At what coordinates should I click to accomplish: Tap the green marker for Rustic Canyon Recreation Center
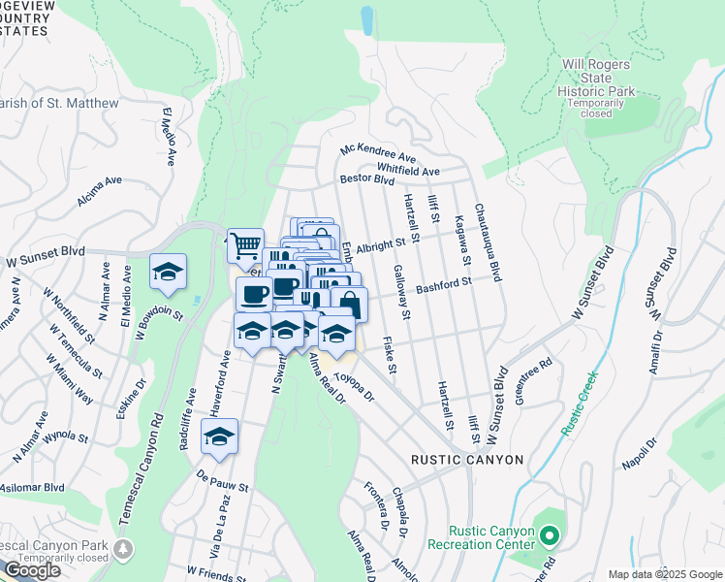[x=550, y=535]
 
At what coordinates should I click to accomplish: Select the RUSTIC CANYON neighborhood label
[x=467, y=460]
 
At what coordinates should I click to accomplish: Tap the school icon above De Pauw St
[x=220, y=436]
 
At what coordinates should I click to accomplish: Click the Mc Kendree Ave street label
[x=377, y=154]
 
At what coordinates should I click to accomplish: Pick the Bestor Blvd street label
[x=366, y=179]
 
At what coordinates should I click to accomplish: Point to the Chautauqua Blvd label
[x=488, y=243]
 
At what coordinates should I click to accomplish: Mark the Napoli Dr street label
[x=636, y=451]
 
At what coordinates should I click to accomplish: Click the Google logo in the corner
[x=31, y=570]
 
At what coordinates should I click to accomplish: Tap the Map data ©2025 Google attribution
[x=664, y=574]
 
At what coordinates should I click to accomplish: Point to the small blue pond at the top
[x=366, y=18]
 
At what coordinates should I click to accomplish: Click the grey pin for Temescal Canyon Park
[x=123, y=550]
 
